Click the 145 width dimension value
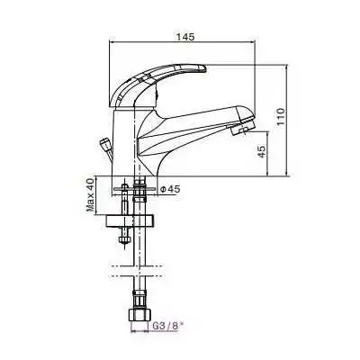click(x=185, y=38)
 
